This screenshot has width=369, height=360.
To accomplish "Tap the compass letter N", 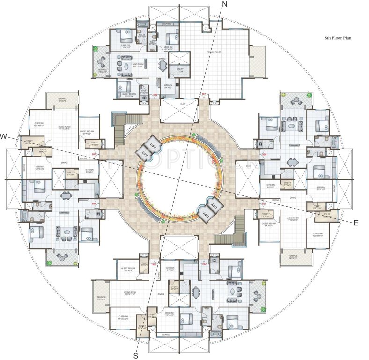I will click(x=224, y=4).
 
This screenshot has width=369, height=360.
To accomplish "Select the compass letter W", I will click(x=4, y=136).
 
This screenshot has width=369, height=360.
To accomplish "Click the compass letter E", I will click(x=355, y=223).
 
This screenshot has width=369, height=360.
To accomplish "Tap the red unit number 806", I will click(x=155, y=95).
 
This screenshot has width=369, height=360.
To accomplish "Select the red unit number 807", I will click(x=204, y=95).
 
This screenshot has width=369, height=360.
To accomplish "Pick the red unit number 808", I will click(x=264, y=154).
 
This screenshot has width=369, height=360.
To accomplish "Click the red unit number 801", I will click(x=264, y=203).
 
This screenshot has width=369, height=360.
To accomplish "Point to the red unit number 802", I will click(x=204, y=264).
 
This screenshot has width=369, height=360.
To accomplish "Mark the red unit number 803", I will click(x=155, y=264).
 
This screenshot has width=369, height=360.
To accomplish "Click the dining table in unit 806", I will click(x=162, y=66).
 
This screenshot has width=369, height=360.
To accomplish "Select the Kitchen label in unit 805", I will click(x=89, y=170).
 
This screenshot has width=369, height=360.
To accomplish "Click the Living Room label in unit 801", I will click(x=293, y=218).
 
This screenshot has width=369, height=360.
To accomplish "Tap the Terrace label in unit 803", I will click(x=102, y=298).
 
